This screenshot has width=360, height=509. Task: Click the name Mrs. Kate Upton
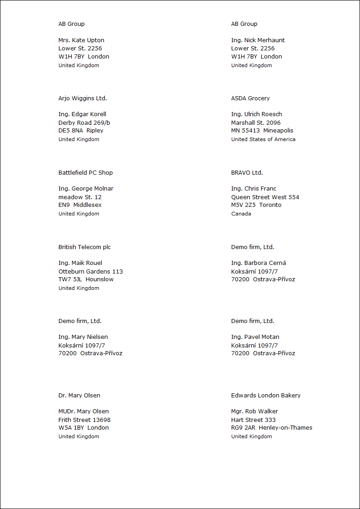[81, 40]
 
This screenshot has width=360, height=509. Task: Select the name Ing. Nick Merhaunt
[258, 40]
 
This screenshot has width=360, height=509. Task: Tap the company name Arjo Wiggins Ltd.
[83, 98]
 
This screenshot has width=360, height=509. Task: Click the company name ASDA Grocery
[250, 98]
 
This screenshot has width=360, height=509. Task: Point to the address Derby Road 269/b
[84, 123]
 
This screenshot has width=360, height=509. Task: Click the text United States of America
[263, 139]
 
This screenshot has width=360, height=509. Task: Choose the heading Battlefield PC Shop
[85, 173]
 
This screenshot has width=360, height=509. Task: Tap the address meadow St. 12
[80, 197]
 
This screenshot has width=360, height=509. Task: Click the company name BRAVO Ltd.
[247, 173]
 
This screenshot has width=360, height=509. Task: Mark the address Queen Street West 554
[265, 197]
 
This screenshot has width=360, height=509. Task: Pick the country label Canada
[241, 214]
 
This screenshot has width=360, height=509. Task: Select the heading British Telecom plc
[84, 247]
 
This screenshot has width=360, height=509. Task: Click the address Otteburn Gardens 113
[90, 272]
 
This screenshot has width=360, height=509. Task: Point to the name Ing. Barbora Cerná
[258, 263]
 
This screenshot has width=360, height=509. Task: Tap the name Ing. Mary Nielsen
[83, 337]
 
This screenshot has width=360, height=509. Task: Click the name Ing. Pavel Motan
[255, 337]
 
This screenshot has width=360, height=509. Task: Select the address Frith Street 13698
[84, 420]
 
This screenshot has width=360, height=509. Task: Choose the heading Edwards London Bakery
[266, 396]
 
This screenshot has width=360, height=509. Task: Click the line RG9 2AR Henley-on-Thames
[272, 428]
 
